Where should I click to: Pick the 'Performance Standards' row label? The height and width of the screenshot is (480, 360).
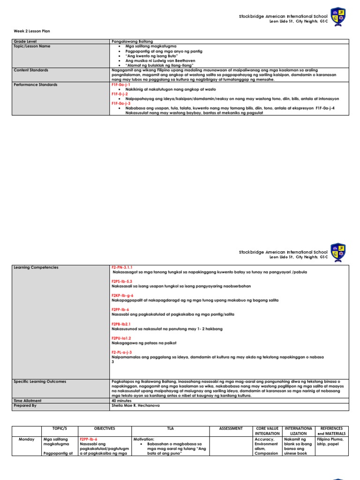pos(36,85)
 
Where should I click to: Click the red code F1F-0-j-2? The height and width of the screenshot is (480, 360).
pos(120,94)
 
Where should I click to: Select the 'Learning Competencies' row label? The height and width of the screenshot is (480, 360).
pos(36,267)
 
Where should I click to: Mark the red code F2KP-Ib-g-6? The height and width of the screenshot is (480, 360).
pos(122,295)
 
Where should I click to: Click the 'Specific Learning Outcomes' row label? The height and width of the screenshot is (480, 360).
pos(40,382)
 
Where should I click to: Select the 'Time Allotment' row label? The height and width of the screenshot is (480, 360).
pos(28,401)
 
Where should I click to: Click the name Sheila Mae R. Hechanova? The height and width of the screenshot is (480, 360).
pos(135,405)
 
